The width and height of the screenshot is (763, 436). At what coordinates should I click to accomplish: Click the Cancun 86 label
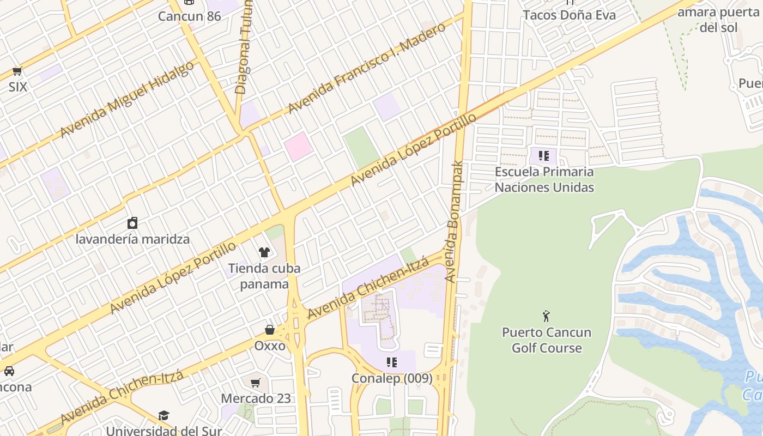coord(190,16)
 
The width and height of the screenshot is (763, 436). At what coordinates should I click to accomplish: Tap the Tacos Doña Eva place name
coord(570,15)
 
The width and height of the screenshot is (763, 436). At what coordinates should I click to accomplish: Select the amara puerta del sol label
coord(718,20)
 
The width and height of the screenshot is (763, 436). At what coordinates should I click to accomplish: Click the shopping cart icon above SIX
coord(17,71)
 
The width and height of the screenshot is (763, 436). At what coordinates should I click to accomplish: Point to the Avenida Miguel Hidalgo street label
coord(126,99)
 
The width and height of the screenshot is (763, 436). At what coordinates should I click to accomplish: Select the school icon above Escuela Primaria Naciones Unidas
coord(543,156)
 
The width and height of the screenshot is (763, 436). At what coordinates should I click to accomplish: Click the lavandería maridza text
coord(132,239)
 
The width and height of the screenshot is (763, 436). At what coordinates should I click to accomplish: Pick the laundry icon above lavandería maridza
coord(132,223)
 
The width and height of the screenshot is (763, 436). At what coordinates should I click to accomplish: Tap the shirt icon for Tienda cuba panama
coord(264,252)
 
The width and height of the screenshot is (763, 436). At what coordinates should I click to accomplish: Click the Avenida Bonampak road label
coord(453,221)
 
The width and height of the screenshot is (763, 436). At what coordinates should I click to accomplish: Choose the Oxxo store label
coord(270,346)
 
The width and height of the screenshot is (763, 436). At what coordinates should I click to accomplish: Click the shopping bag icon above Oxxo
coord(270,330)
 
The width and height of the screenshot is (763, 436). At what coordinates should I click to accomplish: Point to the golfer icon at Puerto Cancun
coord(546,316)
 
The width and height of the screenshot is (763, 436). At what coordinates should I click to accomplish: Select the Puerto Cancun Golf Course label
coord(547,340)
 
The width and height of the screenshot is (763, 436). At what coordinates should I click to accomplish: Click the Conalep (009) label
coord(392,378)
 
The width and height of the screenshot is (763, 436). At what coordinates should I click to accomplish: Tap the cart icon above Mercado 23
coord(256,383)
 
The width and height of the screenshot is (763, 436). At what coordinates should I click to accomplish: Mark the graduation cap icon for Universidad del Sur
coord(163,416)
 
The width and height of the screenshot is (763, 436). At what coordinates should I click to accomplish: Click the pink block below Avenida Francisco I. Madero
coord(298,147)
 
